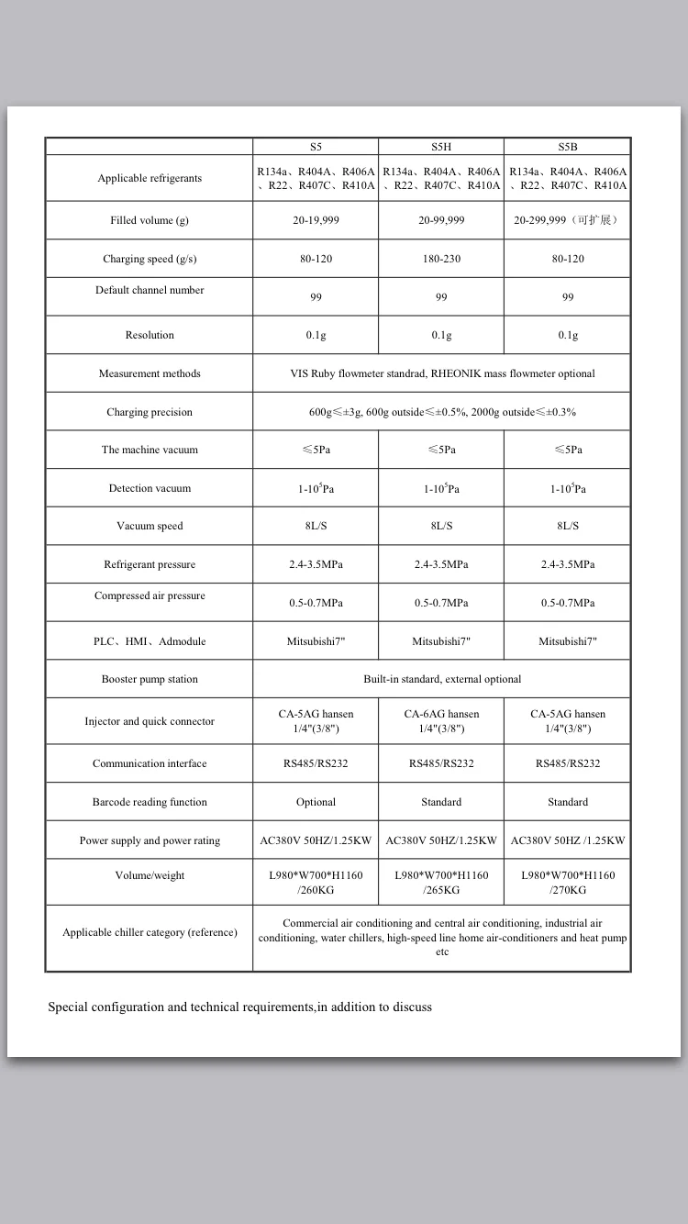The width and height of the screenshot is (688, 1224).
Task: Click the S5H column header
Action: [x=441, y=147]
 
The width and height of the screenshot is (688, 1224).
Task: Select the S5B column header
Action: [x=568, y=147]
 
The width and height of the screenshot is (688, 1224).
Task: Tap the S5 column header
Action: [x=316, y=147]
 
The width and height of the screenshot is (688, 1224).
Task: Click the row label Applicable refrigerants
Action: [x=150, y=178]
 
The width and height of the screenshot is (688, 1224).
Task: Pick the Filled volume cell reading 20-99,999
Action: [x=441, y=220]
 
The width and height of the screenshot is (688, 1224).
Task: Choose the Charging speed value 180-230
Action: [x=441, y=259]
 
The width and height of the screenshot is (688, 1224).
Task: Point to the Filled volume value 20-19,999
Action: [x=316, y=220]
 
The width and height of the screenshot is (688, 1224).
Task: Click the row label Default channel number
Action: [x=150, y=290]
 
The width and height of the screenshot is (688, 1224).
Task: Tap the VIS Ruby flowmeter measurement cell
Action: [x=442, y=373]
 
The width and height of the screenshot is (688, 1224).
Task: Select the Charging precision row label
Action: [x=150, y=412]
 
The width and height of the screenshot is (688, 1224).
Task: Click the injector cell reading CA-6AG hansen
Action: [x=441, y=720]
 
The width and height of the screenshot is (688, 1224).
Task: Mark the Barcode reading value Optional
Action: [x=316, y=802]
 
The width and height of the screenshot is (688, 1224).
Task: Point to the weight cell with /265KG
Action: [x=441, y=883]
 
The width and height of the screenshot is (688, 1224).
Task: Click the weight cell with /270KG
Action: [x=568, y=883]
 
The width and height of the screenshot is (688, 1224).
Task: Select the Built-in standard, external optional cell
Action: [x=442, y=679]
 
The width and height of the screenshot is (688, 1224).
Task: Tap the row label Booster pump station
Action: [x=150, y=679]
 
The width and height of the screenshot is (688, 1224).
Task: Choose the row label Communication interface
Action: [x=150, y=763]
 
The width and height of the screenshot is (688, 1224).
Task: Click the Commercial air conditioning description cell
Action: [x=442, y=937]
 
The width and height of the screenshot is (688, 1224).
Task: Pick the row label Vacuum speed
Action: [x=150, y=526]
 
